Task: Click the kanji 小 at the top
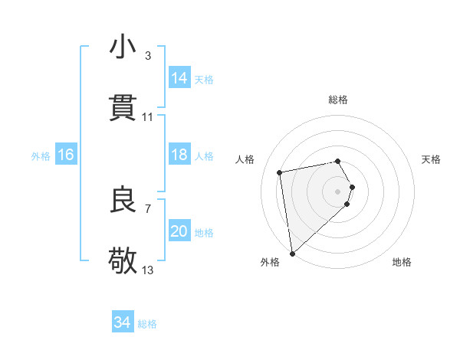pyautogui.click(x=123, y=47)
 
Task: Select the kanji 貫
pyautogui.click(x=123, y=108)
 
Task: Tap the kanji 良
pyautogui.click(x=123, y=200)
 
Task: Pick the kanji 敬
pyautogui.click(x=123, y=261)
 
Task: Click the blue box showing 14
pyautogui.click(x=179, y=77)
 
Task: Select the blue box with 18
pyautogui.click(x=179, y=155)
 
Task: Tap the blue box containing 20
pyautogui.click(x=179, y=231)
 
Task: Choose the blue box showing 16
pyautogui.click(x=66, y=155)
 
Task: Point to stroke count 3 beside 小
pyautogui.click(x=148, y=56)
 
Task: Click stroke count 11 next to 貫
pyautogui.click(x=148, y=117)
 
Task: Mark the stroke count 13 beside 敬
pyautogui.click(x=148, y=270)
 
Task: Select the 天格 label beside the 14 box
pyautogui.click(x=204, y=79)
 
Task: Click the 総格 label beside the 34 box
pyautogui.click(x=147, y=324)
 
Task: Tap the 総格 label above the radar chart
pyautogui.click(x=338, y=100)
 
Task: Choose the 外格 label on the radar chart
pyautogui.click(x=270, y=262)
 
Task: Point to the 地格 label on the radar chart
pyautogui.click(x=402, y=262)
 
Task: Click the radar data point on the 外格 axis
pyautogui.click(x=292, y=253)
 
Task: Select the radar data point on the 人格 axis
pyautogui.click(x=279, y=172)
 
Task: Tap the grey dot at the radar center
pyautogui.click(x=338, y=191)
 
